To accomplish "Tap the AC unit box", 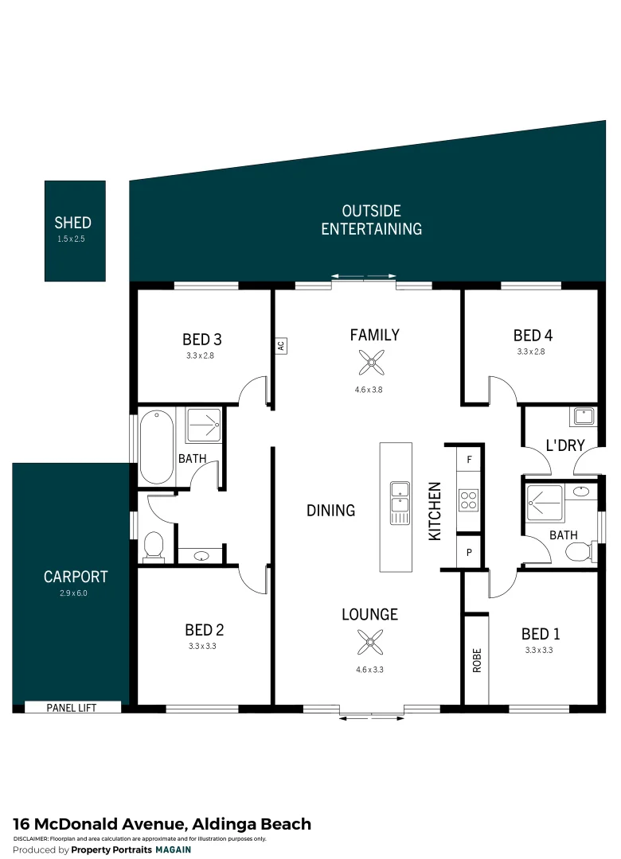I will coord(280,346).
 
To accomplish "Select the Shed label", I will coord(72,223).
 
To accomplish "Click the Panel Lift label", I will coord(72,706).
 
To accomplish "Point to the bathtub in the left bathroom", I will coord(157,446).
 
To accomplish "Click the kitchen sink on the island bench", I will coord(399,503).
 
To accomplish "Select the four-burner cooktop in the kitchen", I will coord(468,500).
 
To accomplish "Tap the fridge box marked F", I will coord(469,460).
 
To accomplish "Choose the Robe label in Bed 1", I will coord(477,660).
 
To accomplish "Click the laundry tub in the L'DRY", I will coord(583,417).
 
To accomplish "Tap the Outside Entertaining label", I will coord(371,220).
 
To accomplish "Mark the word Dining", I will coord(330,511).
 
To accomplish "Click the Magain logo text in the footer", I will coord(173,849).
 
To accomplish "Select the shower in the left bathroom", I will coord(204,426).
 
